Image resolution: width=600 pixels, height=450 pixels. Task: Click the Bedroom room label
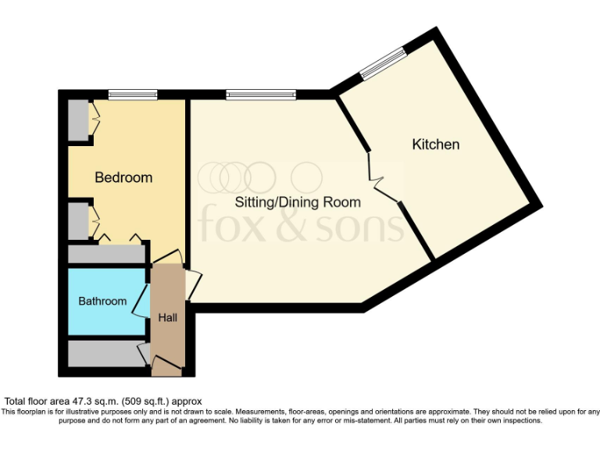point(123,177)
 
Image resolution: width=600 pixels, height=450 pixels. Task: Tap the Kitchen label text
point(435,145)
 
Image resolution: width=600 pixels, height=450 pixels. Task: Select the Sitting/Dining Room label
point(298,202)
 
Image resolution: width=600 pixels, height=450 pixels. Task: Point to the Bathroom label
point(102,301)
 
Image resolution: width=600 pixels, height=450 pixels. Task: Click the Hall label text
point(168,318)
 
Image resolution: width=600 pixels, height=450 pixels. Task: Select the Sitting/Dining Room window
point(261,95)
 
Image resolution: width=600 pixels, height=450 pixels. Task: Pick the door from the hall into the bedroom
point(167,258)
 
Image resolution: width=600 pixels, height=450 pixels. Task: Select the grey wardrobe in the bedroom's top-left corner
point(78,120)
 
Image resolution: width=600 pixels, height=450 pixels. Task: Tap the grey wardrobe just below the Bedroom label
point(78,221)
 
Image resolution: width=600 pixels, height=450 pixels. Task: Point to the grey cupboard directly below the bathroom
point(105,353)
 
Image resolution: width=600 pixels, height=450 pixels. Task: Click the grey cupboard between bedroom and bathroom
point(106,254)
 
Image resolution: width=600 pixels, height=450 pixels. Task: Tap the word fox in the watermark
point(227,224)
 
